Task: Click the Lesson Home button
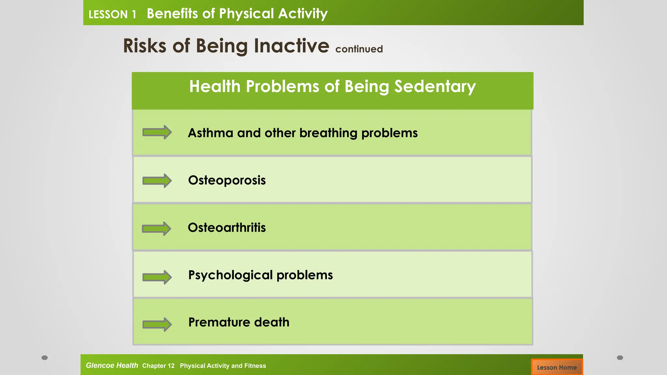pyautogui.click(x=557, y=367)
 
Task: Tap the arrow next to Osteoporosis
pyautogui.click(x=157, y=180)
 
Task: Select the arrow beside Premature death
pyautogui.click(x=157, y=324)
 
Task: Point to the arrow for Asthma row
pyautogui.click(x=157, y=132)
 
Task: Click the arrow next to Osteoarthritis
pyautogui.click(x=156, y=229)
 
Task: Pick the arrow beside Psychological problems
pyautogui.click(x=157, y=277)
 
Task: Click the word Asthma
pyautogui.click(x=210, y=133)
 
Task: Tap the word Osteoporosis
pyautogui.click(x=227, y=180)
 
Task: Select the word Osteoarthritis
pyautogui.click(x=227, y=228)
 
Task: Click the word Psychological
pyautogui.click(x=230, y=275)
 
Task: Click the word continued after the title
pyautogui.click(x=359, y=49)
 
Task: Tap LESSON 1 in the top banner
pyautogui.click(x=112, y=14)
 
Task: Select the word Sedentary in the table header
pyautogui.click(x=435, y=87)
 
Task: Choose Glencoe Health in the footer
pyautogui.click(x=112, y=365)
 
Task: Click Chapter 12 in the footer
pyautogui.click(x=158, y=366)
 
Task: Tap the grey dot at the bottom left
pyautogui.click(x=45, y=357)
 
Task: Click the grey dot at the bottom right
pyautogui.click(x=620, y=357)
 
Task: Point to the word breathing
pyautogui.click(x=328, y=133)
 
